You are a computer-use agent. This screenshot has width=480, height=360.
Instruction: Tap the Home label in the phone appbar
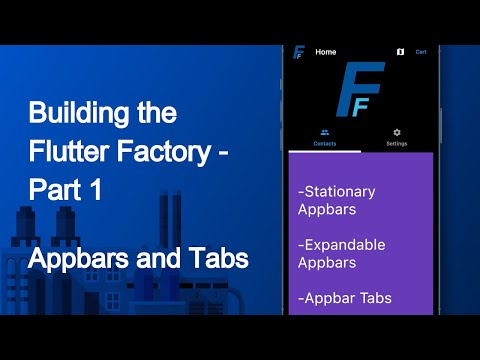326,51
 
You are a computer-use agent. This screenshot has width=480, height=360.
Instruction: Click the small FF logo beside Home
298,52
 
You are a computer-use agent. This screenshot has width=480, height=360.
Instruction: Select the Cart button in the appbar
421,51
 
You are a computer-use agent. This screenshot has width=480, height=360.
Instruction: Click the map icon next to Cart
399,51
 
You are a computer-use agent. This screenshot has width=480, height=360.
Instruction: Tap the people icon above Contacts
324,132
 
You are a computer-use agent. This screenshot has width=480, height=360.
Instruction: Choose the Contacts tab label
324,144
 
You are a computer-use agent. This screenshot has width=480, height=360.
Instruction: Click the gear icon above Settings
397,132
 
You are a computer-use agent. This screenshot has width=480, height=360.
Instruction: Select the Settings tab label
397,144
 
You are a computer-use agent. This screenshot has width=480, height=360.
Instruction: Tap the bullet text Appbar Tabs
345,298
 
